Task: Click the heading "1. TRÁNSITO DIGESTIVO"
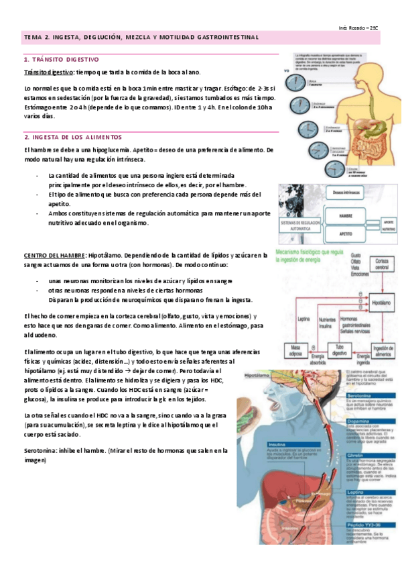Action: [x=61, y=60]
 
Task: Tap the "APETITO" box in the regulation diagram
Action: [x=346, y=235]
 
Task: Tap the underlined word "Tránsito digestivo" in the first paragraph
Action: [x=48, y=72]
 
